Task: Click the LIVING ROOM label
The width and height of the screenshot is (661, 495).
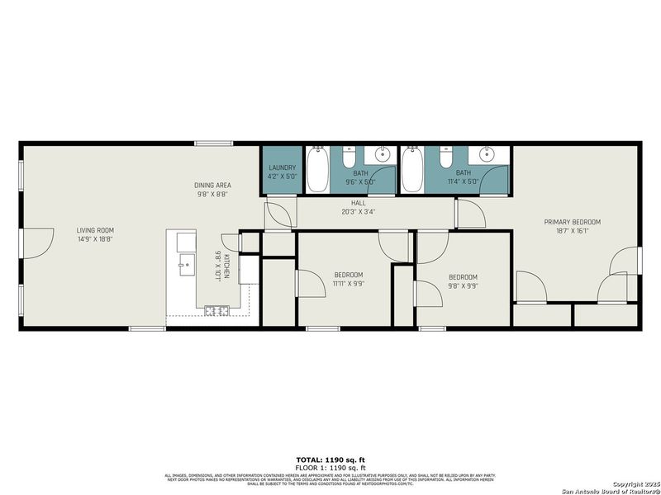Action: (95, 230)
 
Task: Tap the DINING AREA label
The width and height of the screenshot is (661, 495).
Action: (212, 186)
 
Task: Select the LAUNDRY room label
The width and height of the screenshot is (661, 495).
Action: (282, 167)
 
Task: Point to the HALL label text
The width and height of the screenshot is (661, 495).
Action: (358, 202)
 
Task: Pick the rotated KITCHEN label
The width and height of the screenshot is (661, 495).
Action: (226, 266)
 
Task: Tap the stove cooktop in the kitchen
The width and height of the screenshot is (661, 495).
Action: (216, 310)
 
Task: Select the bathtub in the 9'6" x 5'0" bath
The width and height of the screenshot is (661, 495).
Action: (316, 169)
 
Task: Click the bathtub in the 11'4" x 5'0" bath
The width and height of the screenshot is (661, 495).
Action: (411, 169)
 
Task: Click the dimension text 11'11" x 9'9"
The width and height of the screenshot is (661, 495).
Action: (348, 284)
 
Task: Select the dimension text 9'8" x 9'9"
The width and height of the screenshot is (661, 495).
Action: (463, 286)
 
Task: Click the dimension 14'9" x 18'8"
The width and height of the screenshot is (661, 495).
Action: (95, 239)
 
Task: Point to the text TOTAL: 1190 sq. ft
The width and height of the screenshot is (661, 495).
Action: (330, 459)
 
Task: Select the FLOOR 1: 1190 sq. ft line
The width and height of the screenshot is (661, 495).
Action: (330, 466)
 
